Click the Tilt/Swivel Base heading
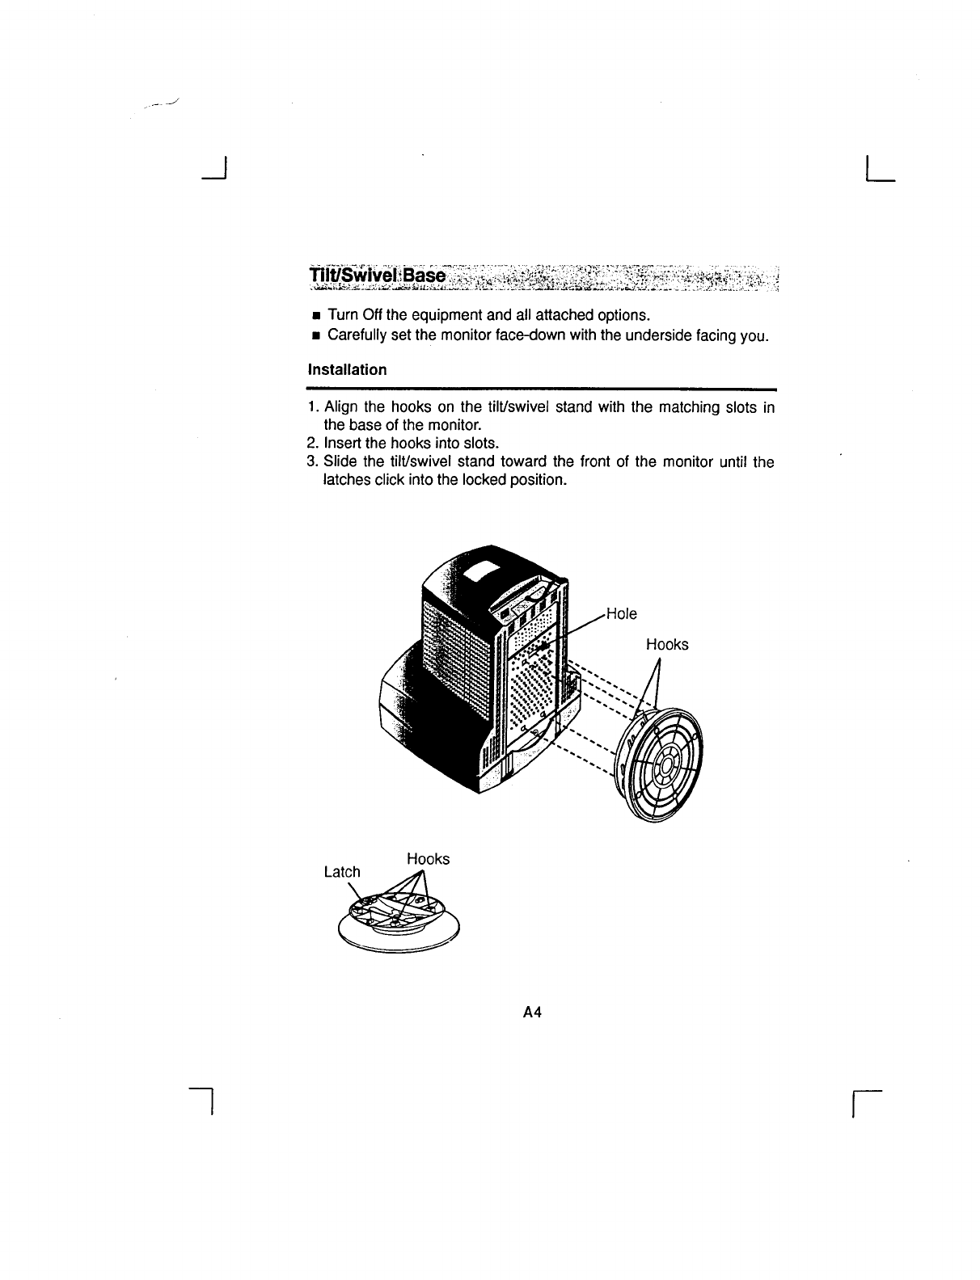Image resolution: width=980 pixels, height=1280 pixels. point(377,276)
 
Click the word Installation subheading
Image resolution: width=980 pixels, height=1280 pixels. point(347,370)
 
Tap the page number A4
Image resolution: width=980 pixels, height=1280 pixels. point(531,1012)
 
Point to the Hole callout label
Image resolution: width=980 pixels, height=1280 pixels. point(621,614)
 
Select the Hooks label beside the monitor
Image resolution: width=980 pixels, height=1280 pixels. point(667,645)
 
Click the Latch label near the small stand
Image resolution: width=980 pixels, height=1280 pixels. point(341,872)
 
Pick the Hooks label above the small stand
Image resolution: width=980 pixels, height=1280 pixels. point(428,859)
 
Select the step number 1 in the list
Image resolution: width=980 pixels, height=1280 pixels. point(312,408)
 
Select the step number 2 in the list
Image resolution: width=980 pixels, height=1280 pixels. point(312,444)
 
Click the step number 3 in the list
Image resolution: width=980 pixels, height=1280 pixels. point(312,462)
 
